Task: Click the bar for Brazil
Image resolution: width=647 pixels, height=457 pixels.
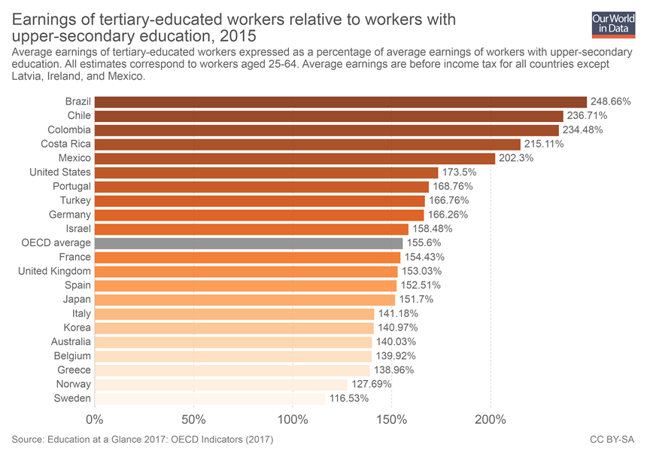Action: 340,102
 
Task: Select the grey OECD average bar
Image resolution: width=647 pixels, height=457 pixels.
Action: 248,243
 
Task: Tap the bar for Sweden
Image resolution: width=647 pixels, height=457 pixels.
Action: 210,398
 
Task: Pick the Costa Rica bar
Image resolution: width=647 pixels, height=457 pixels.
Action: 307,144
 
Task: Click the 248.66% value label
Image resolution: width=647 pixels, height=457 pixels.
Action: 612,102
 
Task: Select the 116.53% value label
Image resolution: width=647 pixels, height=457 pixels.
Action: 348,398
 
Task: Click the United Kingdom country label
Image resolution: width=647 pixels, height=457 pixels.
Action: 54,271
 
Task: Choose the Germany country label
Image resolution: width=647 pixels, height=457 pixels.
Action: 70,215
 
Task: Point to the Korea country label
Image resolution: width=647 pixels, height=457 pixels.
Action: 77,328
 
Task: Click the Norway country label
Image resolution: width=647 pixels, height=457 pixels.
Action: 74,384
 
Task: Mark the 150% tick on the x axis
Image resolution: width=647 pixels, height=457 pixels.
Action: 392,420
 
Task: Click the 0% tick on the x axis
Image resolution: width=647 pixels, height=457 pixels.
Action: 95,420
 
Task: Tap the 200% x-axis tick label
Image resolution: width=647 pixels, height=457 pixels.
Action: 491,420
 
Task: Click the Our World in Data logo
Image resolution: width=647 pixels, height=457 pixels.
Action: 613,24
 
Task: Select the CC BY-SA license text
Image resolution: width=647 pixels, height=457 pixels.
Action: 612,439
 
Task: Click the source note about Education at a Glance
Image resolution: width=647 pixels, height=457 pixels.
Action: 142,439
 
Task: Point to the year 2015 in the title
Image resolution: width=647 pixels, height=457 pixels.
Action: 239,35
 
